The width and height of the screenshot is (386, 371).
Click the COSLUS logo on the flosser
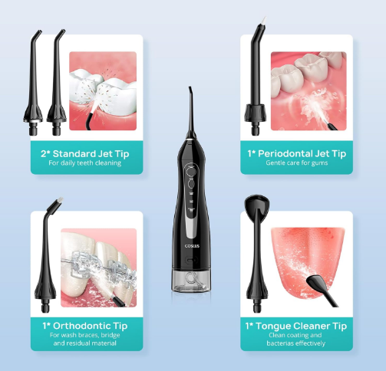192,246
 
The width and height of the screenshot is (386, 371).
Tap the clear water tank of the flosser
191,281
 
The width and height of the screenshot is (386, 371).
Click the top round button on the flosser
190,171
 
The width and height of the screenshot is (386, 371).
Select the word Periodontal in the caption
285,153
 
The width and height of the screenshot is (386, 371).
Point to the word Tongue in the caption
272,327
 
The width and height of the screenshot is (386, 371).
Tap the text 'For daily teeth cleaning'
85,163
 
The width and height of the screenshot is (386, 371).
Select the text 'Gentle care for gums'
297,163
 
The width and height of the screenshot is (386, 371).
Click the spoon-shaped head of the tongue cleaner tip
256,203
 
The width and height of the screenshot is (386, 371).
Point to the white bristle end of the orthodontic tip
60,199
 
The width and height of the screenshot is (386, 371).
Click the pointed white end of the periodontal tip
264,20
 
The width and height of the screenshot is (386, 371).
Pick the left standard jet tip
33,82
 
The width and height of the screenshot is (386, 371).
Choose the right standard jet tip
57,82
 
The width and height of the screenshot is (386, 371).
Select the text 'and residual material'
85,343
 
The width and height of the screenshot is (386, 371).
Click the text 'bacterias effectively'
296,343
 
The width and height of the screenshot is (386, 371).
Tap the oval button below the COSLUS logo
192,261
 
